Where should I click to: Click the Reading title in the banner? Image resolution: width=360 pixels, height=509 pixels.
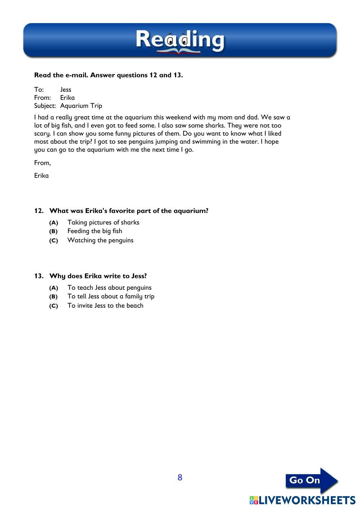180,40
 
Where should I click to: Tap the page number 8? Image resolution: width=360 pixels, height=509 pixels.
180,478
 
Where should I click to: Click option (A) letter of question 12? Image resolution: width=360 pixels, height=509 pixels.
54,223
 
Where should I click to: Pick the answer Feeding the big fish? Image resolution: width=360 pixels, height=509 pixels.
95,231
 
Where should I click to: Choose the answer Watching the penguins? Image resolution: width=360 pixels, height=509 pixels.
100,240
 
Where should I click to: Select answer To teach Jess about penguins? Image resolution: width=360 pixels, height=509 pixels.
109,288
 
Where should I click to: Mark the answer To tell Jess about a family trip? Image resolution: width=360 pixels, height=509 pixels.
111,296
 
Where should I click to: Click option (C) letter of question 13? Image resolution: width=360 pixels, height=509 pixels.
54,306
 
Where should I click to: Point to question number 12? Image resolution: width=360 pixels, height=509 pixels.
39,211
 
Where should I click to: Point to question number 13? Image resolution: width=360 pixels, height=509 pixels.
39,276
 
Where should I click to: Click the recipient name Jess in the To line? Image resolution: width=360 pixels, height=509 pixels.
66,90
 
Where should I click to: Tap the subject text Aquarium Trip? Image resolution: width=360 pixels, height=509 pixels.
81,106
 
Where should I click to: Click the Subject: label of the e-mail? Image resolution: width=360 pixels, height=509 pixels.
45,106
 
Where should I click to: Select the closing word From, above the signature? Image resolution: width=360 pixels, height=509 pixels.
42,163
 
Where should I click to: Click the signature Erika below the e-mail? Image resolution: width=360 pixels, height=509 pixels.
41,176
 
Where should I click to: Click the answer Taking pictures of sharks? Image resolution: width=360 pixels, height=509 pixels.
103,222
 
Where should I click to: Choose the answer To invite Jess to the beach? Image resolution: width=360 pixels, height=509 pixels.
105,306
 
